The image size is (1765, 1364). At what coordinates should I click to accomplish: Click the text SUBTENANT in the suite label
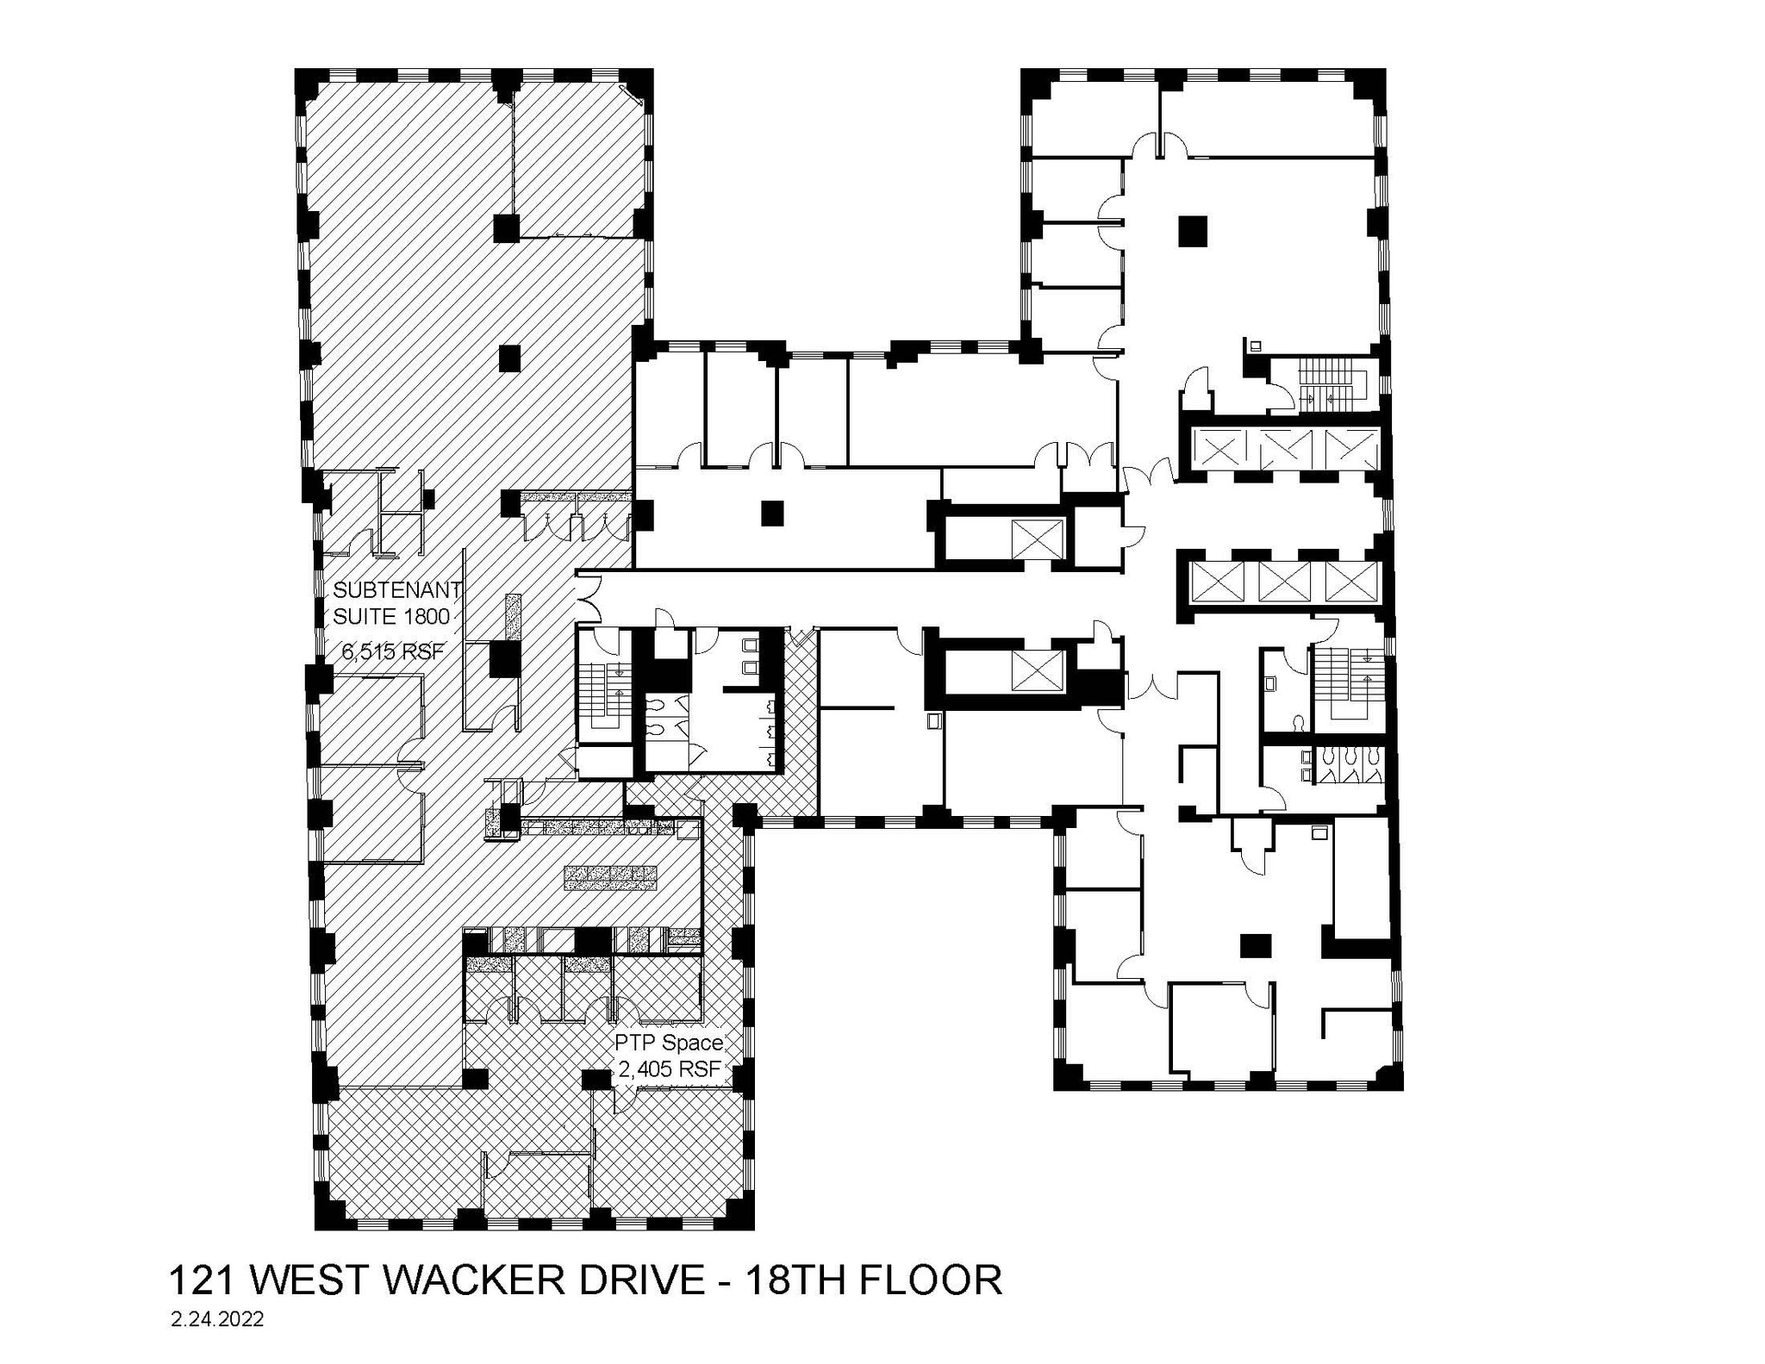(397, 590)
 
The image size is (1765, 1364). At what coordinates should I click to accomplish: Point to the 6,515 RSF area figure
(393, 652)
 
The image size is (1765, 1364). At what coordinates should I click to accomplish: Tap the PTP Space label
(668, 1043)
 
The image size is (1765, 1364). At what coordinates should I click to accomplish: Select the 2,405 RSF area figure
(670, 1071)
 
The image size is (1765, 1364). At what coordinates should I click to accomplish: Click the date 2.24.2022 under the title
(217, 1320)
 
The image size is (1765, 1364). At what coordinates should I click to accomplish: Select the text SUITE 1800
(392, 617)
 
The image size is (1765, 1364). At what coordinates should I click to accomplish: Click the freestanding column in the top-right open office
(1193, 231)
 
